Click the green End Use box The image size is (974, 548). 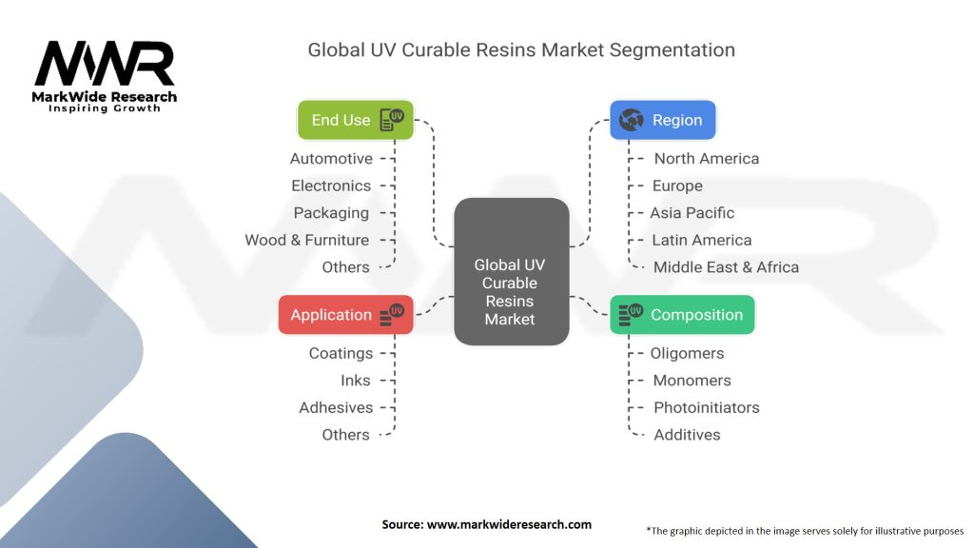(x=355, y=120)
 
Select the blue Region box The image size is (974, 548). (x=662, y=120)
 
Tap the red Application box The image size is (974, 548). (x=345, y=315)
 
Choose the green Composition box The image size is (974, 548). (x=682, y=315)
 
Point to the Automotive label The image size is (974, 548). (x=331, y=159)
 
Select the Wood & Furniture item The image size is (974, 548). (x=307, y=240)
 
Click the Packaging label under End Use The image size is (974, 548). (x=331, y=213)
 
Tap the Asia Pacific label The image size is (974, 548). (x=692, y=213)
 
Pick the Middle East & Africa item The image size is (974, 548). (x=726, y=267)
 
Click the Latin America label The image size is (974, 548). (x=701, y=240)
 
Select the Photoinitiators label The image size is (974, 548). (x=706, y=407)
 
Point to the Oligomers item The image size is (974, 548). (x=688, y=353)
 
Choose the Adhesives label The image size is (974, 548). (x=336, y=407)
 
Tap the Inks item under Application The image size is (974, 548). (x=356, y=381)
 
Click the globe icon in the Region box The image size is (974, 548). (x=631, y=120)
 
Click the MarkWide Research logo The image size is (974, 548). (x=105, y=77)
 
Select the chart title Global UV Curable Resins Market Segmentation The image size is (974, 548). (x=521, y=49)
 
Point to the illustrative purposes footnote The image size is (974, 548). (x=805, y=530)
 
